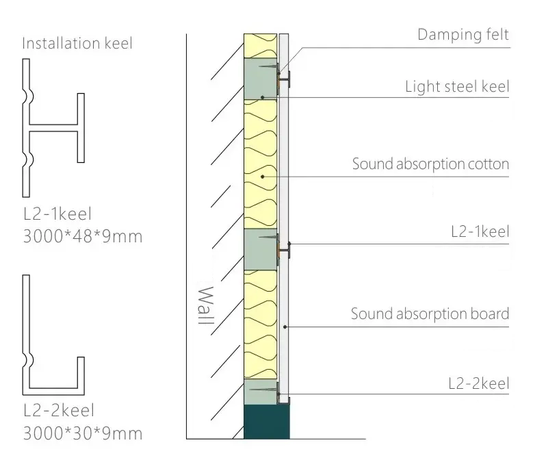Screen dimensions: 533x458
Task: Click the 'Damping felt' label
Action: click(463, 35)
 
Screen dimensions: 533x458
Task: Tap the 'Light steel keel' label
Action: click(457, 86)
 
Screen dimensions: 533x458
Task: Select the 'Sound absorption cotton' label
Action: click(430, 164)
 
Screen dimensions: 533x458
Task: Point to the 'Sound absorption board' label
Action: click(430, 314)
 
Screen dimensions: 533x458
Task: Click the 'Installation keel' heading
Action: click(77, 44)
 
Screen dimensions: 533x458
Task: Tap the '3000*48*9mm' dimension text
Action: click(83, 236)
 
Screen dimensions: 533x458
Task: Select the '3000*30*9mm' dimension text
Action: click(83, 433)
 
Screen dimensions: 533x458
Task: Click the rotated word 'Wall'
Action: click(206, 305)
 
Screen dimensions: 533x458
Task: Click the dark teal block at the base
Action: click(267, 422)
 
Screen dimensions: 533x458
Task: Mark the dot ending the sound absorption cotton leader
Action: click(263, 177)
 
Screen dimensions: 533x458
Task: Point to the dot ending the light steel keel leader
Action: click(263, 97)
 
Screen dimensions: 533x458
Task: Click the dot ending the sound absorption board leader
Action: click(285, 327)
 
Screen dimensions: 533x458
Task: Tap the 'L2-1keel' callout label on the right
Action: click(480, 232)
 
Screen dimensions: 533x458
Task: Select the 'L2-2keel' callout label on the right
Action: click(479, 383)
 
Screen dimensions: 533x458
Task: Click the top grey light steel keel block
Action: click(261, 79)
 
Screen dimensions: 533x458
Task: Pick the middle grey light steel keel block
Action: click(261, 249)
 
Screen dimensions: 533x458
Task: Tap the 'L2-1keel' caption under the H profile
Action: click(57, 214)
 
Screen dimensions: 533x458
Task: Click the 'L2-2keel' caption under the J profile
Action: click(59, 410)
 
